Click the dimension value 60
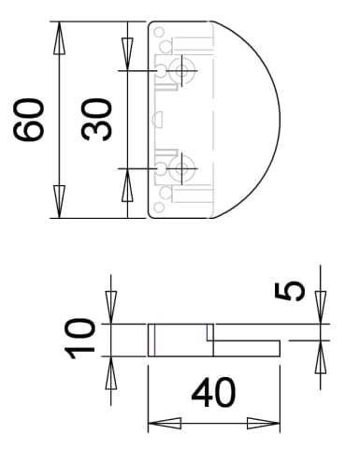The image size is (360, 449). [29, 120]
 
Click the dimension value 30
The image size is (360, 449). [96, 120]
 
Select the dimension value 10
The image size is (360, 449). [79, 339]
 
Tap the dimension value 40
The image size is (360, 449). [213, 393]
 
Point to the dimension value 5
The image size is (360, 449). [290, 291]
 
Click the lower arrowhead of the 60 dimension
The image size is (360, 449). [59, 202]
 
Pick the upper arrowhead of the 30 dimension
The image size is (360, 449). [127, 54]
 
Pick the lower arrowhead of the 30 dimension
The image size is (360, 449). [127, 184]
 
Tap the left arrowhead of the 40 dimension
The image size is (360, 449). [165, 424]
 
